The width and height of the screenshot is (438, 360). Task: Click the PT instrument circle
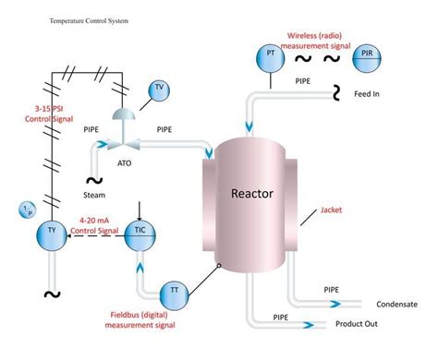coord(270,56)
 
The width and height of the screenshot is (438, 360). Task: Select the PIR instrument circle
coord(367,56)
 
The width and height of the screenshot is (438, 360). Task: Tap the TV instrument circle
coord(159,90)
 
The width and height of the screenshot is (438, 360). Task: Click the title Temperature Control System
coord(88,18)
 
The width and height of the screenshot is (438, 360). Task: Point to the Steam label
coord(96,195)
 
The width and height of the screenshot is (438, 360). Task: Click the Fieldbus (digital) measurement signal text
coord(140,319)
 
